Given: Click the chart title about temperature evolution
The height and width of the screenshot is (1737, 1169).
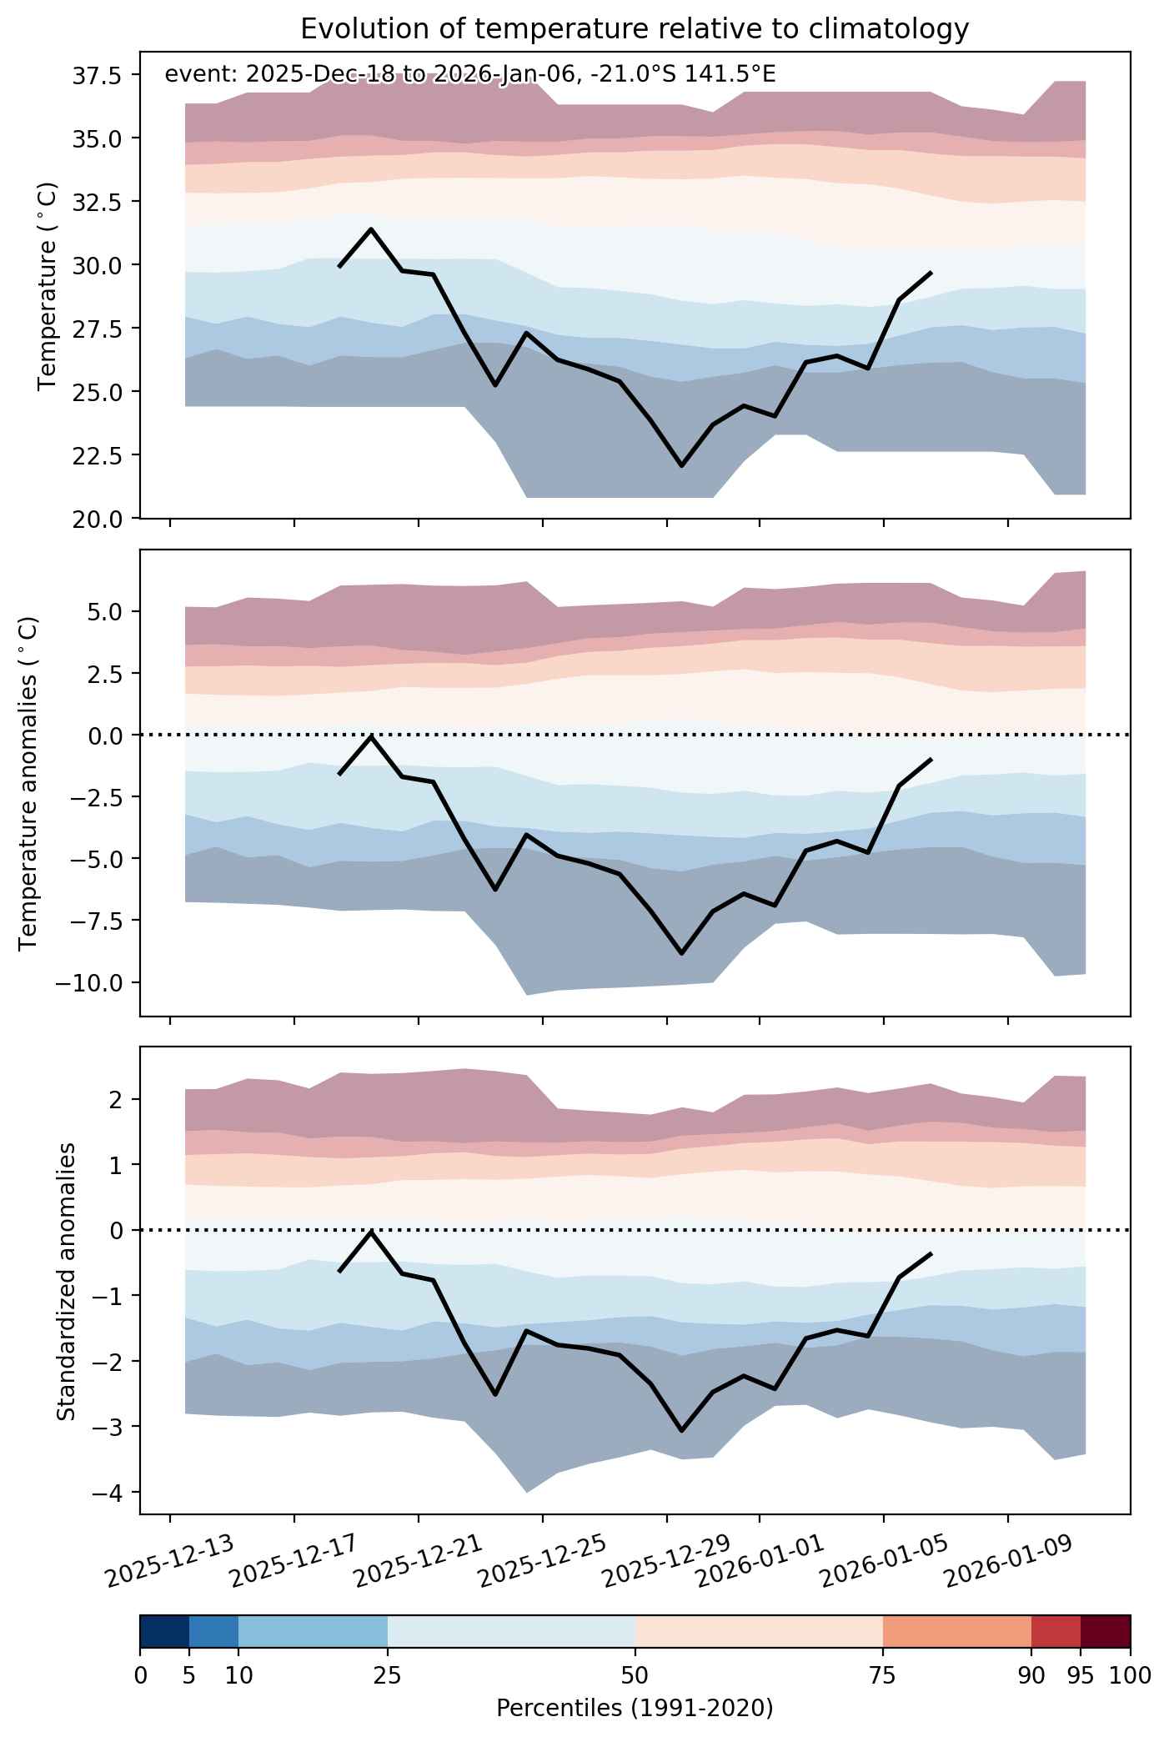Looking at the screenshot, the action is [635, 29].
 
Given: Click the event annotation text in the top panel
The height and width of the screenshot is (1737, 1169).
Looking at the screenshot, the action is [470, 75].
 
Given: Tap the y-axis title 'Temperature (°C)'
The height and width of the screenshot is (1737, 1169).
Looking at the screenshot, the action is [48, 285].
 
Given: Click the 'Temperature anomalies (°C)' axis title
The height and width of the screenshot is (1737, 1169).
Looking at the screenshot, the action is [28, 782].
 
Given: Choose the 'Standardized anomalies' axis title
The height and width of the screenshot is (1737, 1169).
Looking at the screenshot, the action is [66, 1280].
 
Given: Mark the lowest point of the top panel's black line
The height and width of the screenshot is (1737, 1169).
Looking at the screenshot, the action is [682, 466].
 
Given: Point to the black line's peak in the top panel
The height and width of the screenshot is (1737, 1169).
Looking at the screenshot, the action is [371, 228].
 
